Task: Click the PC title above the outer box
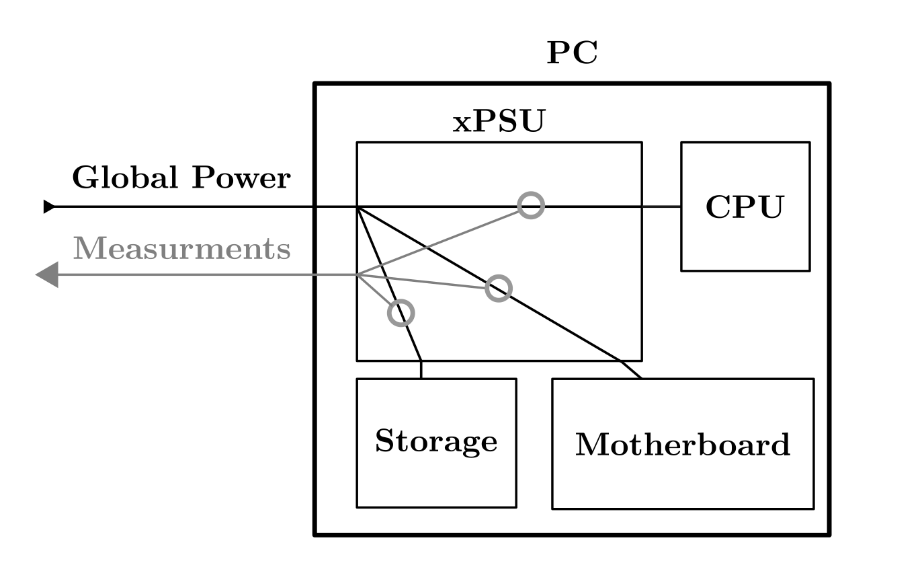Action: [x=572, y=53]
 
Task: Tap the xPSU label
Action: [x=498, y=123]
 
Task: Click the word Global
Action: [x=124, y=178]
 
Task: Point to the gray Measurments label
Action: [x=181, y=249]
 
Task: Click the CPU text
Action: [x=745, y=207]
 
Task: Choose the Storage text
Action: [x=436, y=442]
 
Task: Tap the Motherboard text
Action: [x=683, y=445]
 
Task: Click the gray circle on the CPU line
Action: [x=531, y=205]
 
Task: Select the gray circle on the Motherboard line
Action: [x=499, y=288]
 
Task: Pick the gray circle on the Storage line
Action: [x=401, y=313]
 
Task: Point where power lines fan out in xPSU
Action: [x=358, y=207]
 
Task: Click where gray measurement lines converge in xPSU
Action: [x=358, y=275]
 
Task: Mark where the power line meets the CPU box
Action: [x=681, y=207]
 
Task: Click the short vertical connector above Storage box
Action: [x=421, y=370]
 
